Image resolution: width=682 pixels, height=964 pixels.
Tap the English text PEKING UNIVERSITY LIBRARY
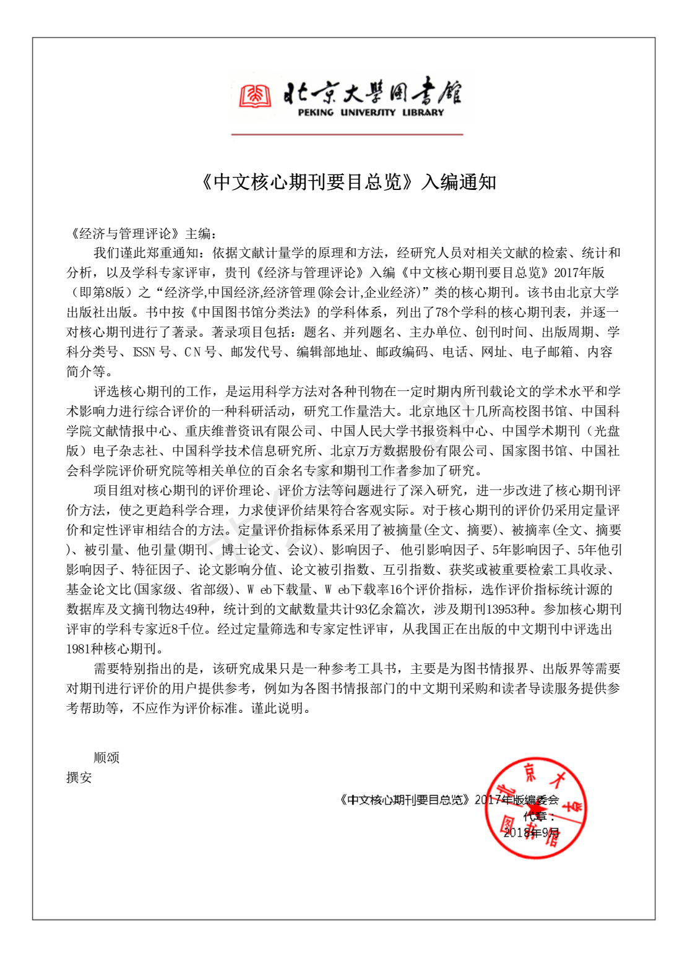(371, 113)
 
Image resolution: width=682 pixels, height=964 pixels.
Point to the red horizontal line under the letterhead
(347, 134)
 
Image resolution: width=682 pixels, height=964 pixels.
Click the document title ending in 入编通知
(348, 182)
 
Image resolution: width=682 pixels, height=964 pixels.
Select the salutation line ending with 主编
(142, 233)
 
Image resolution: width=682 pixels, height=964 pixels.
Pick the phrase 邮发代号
(257, 352)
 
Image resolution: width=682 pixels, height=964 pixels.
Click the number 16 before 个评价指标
(396, 590)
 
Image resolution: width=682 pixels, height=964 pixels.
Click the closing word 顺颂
(106, 758)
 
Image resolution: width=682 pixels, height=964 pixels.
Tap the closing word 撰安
(79, 778)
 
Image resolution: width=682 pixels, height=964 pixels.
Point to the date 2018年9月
(531, 833)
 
